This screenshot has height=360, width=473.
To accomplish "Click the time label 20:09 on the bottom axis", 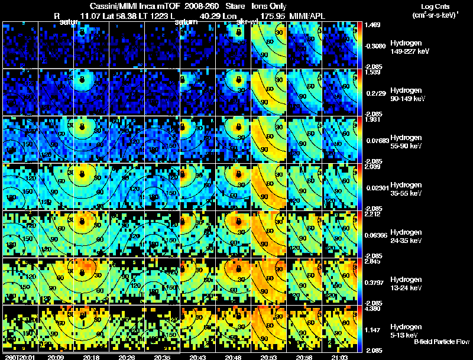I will pos(56,356).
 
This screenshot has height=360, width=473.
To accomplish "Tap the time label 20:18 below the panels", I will pos(91,356).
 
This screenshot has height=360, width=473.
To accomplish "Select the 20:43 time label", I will pos(199,356).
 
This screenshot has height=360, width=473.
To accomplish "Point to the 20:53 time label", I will pos(269,356).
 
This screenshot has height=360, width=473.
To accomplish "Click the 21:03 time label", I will pos(340,356).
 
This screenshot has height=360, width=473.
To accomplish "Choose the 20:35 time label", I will pos(163,356).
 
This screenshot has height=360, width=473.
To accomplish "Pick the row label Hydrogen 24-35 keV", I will pos(406,236).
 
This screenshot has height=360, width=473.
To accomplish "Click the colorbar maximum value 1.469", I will pos(373,25).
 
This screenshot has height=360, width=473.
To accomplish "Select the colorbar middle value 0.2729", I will pos(374,93).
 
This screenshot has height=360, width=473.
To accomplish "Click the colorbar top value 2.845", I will pos(373,261).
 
